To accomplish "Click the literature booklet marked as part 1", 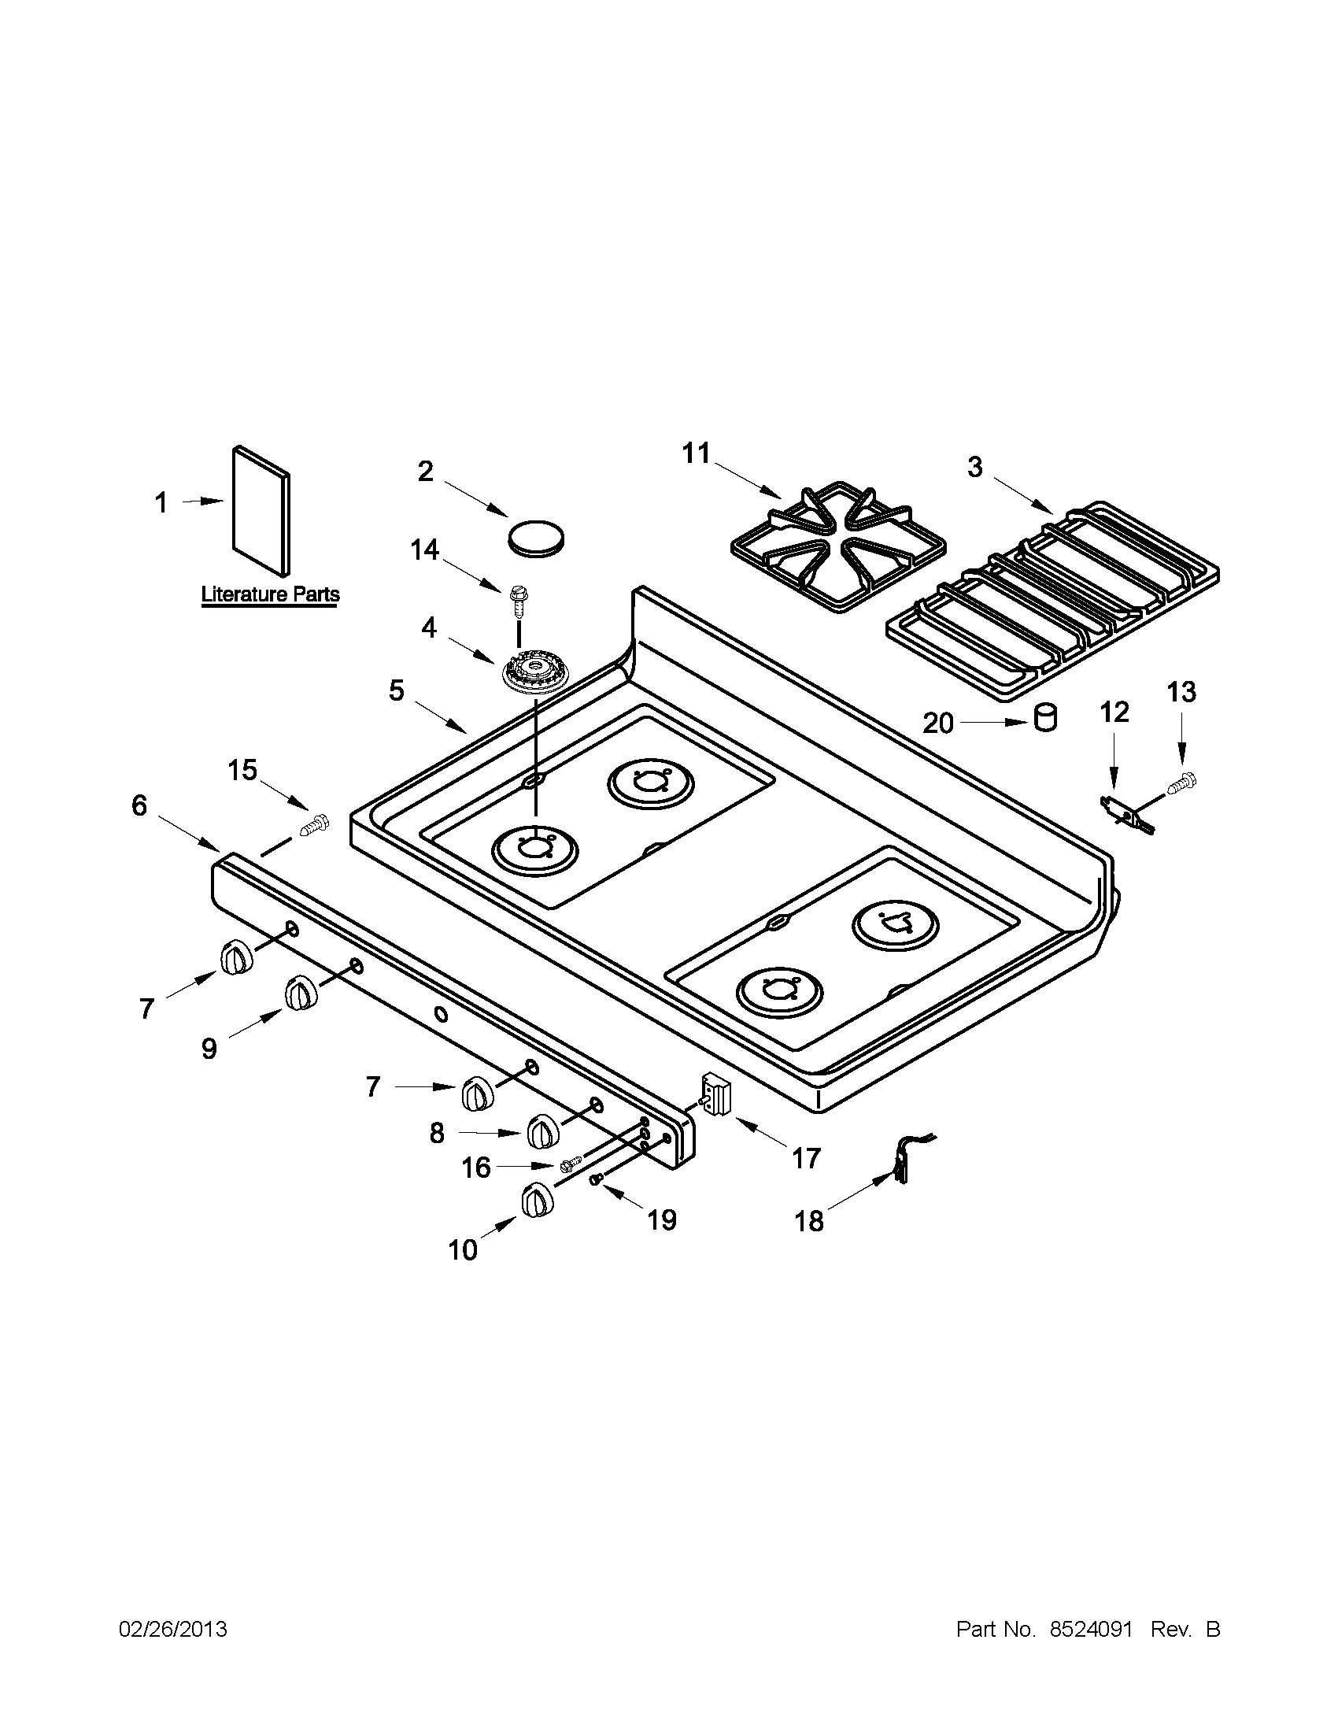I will tap(261, 512).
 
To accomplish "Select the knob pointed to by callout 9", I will tap(301, 994).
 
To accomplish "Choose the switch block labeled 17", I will tap(715, 1096).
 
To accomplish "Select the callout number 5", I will tap(397, 690).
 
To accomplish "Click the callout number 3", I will tap(974, 468).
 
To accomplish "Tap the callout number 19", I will tap(662, 1219).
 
